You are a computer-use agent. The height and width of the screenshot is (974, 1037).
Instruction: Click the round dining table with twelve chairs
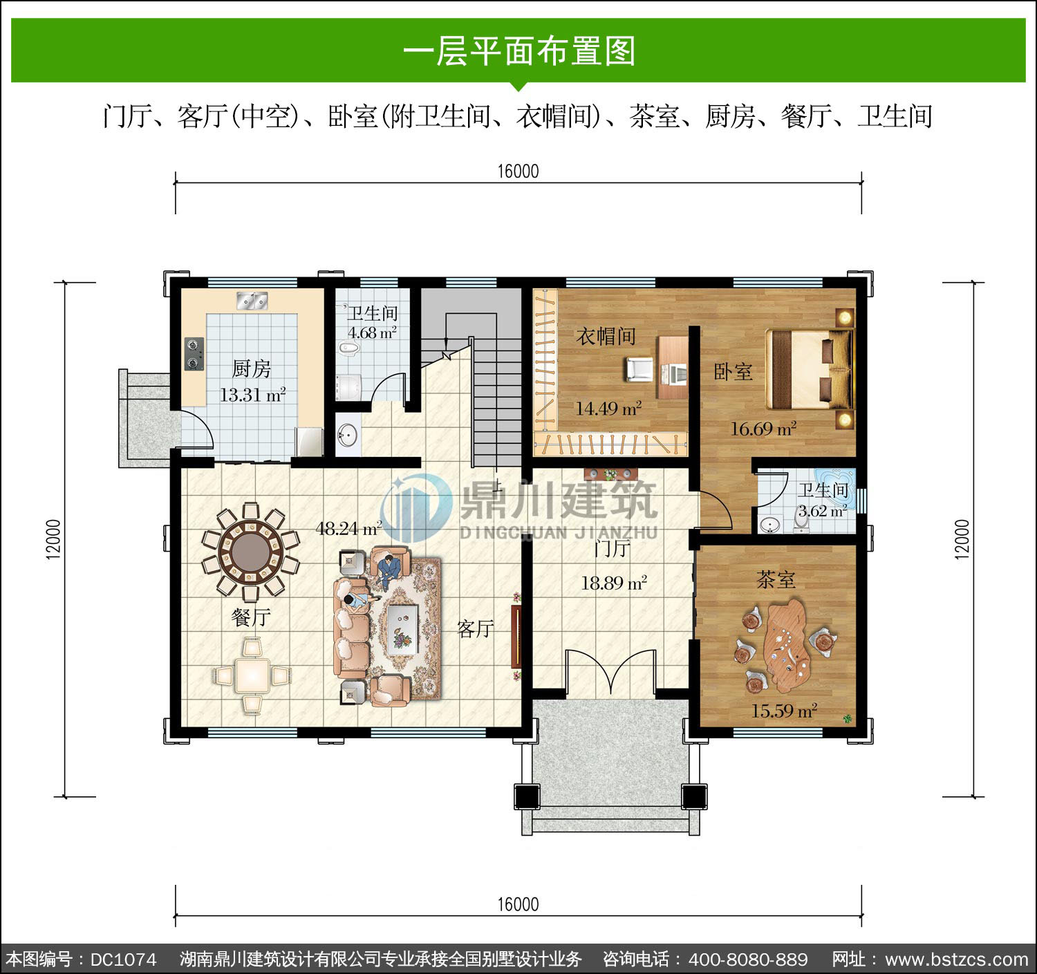[x=251, y=552]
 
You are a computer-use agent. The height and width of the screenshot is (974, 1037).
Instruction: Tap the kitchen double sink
[x=252, y=301]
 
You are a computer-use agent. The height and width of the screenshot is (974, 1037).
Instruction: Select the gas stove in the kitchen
[x=194, y=354]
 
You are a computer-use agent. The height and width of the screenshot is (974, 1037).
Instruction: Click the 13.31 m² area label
[x=252, y=394]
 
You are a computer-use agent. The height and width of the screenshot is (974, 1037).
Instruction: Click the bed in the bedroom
[x=810, y=368]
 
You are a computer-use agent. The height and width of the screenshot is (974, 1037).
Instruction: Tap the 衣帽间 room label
[x=606, y=336]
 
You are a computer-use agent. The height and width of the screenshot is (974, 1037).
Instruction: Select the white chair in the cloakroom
[x=639, y=369]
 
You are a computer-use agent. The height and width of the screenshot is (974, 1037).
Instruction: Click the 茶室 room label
[x=776, y=580]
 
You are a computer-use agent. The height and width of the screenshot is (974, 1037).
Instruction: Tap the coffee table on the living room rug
[x=402, y=629]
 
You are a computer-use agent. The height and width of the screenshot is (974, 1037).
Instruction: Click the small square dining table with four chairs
[x=252, y=675]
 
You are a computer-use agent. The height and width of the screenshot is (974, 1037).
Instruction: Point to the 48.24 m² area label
[x=349, y=529]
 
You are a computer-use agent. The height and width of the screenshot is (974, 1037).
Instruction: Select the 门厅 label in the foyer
[x=612, y=549]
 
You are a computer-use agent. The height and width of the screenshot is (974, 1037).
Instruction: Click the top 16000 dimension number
[x=518, y=171]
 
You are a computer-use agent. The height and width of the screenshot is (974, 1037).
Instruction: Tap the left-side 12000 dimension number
[x=54, y=539]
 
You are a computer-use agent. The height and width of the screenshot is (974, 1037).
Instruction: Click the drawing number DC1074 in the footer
[x=124, y=959]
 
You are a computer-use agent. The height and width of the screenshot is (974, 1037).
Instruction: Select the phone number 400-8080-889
[x=748, y=959]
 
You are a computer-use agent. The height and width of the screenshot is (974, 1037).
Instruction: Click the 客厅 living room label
[x=475, y=629]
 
